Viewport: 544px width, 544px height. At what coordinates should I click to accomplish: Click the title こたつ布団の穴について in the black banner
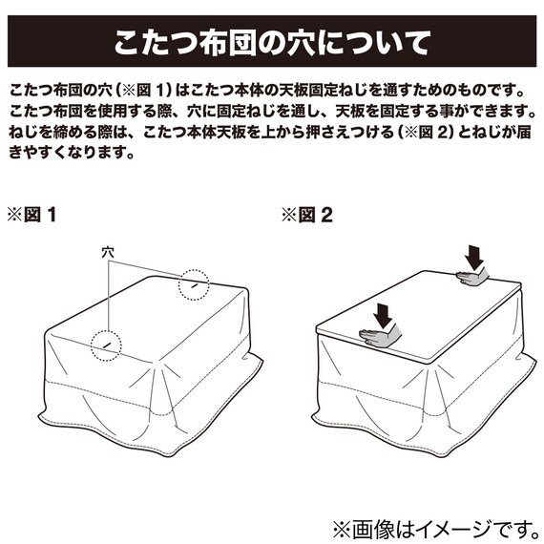(271, 43)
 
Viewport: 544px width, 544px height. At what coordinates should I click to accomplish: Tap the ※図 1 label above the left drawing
(31, 215)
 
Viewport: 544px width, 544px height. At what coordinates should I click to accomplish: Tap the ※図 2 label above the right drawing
(306, 215)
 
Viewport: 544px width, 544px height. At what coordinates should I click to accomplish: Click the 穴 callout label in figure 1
(108, 252)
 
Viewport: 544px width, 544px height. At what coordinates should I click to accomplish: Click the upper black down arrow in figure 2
(474, 257)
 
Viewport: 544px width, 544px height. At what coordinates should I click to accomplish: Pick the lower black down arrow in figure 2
(383, 315)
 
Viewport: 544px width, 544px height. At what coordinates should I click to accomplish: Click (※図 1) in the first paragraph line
(142, 92)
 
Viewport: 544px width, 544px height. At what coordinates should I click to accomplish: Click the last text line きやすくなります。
(72, 153)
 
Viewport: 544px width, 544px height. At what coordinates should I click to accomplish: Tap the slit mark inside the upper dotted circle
(194, 285)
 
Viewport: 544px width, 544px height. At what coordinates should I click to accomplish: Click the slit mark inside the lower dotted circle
(107, 345)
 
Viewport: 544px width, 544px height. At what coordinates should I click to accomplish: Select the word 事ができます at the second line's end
(484, 112)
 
